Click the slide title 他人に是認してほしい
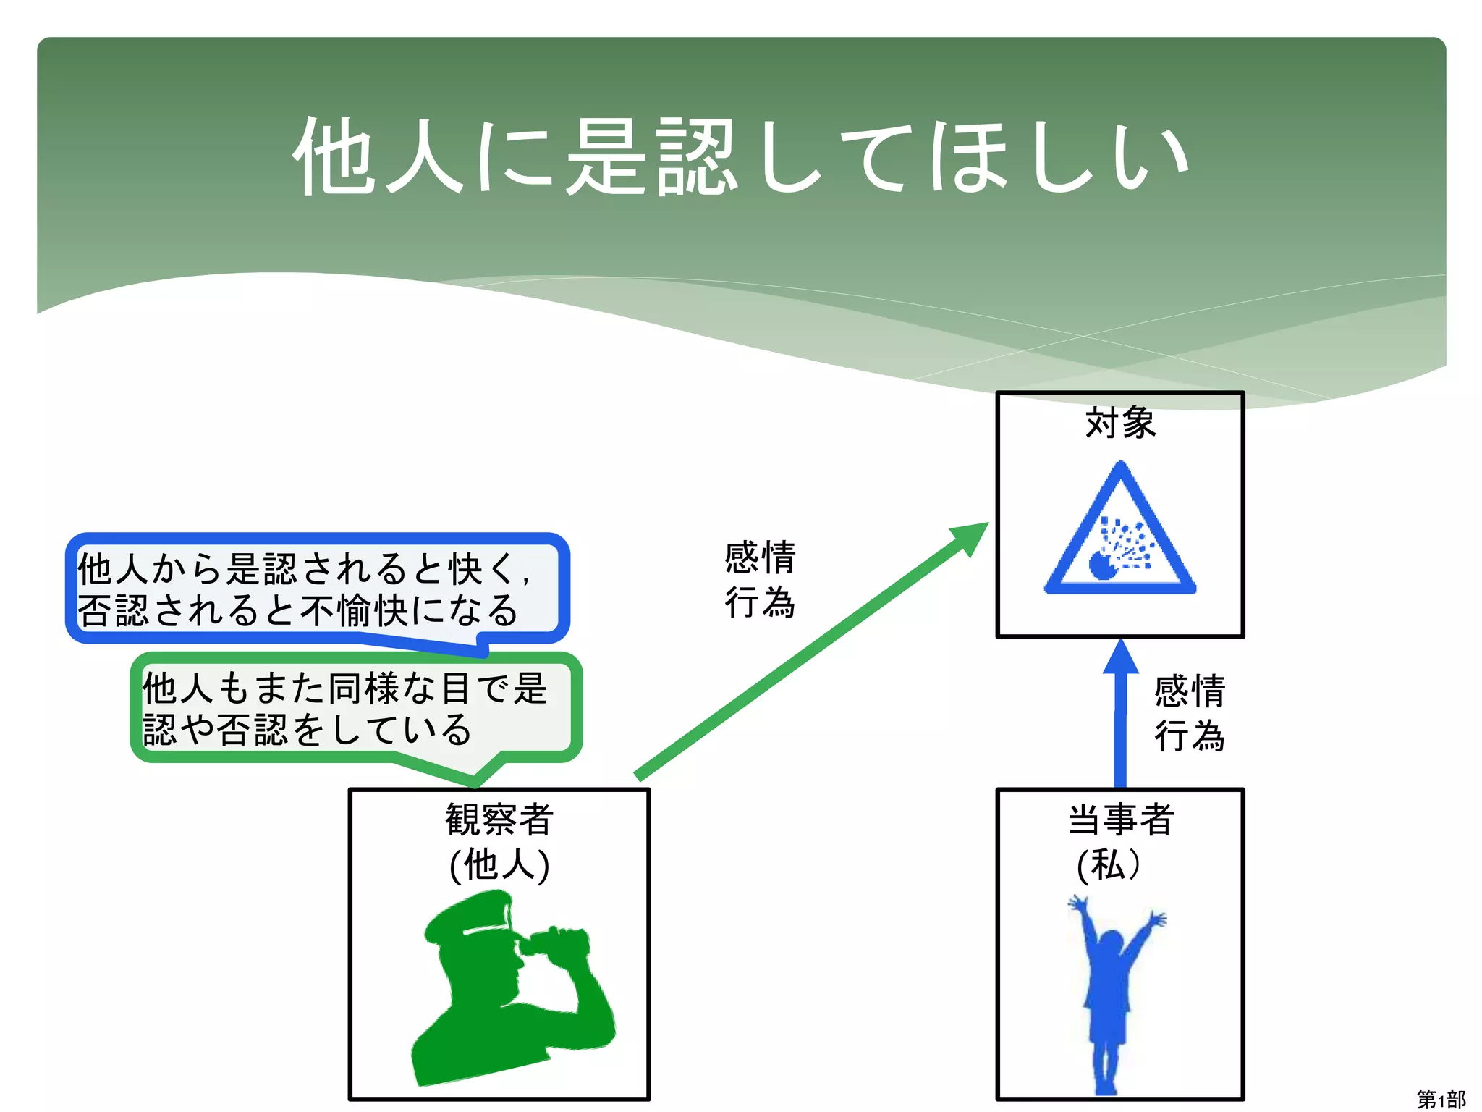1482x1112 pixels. (x=741, y=156)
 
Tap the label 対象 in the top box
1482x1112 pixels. (x=1120, y=423)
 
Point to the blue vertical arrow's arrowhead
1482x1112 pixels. (x=1121, y=657)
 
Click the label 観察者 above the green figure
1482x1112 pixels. (x=499, y=820)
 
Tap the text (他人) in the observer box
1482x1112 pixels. (x=499, y=864)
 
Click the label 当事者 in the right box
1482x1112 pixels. (x=1121, y=820)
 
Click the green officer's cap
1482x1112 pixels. (x=470, y=917)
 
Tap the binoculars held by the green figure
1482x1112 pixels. (x=557, y=941)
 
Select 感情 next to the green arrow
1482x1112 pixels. (x=760, y=557)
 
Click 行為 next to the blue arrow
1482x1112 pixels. (x=1190, y=736)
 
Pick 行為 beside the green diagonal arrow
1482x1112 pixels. (x=760, y=602)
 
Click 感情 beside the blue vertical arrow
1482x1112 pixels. (x=1190, y=691)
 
